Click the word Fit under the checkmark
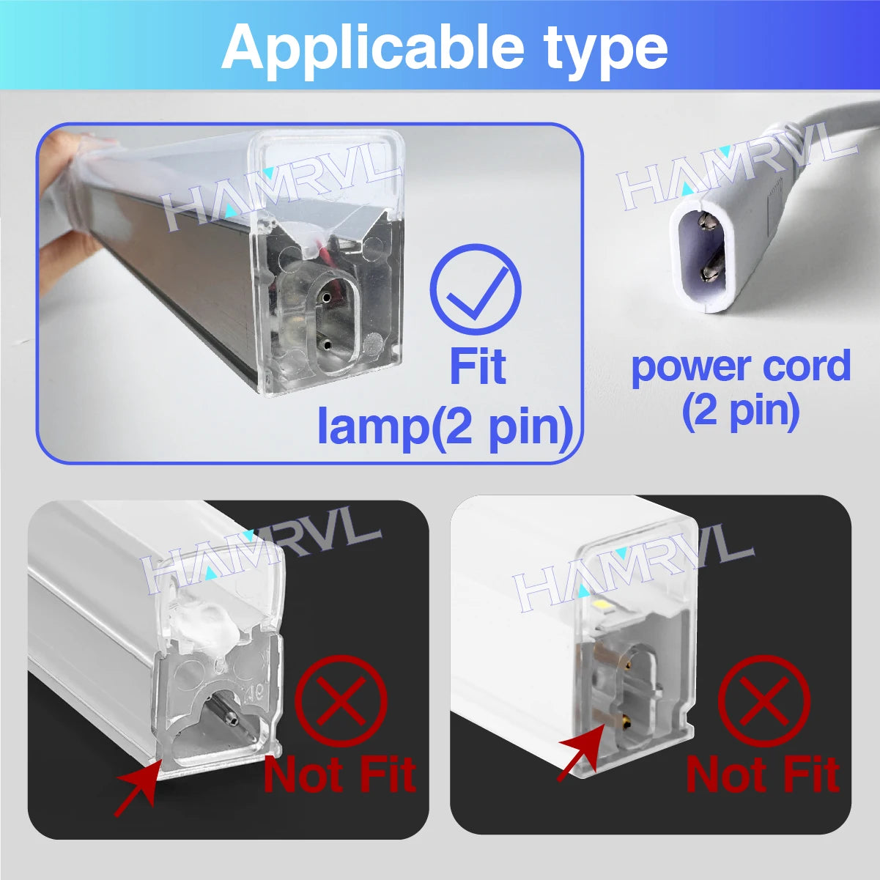(x=477, y=367)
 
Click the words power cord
(x=740, y=366)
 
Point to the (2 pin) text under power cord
(x=740, y=411)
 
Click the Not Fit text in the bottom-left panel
(x=339, y=775)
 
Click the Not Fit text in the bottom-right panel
(x=762, y=775)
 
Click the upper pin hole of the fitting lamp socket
(x=324, y=298)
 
